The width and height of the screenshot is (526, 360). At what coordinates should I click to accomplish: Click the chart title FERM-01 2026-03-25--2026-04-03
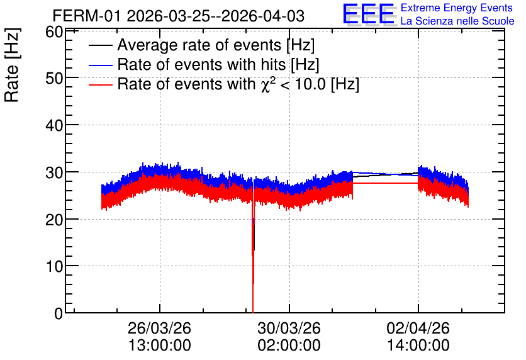click(179, 16)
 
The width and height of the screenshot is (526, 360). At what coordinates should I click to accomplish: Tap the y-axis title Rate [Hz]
click(12, 65)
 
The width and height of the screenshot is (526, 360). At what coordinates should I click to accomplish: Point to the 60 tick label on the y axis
click(54, 32)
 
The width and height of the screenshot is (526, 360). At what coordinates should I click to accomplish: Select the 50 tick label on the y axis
click(54, 79)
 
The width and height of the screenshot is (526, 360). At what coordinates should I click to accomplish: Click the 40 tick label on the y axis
click(54, 126)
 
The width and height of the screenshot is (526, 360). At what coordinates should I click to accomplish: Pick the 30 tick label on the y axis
click(54, 173)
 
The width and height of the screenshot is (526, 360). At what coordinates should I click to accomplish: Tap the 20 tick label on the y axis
click(54, 220)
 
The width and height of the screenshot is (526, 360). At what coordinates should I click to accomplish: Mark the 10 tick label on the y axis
click(54, 267)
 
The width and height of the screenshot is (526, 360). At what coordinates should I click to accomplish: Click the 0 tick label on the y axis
click(59, 313)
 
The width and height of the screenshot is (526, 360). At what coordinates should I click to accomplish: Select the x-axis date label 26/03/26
click(159, 328)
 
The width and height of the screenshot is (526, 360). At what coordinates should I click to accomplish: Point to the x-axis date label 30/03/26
click(289, 328)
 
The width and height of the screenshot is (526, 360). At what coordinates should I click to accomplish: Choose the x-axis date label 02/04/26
click(418, 328)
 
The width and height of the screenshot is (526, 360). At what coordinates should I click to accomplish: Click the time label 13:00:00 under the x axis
click(160, 345)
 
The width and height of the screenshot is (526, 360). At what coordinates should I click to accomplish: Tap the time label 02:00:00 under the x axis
click(289, 345)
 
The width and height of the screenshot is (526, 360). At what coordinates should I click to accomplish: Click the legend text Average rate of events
click(199, 45)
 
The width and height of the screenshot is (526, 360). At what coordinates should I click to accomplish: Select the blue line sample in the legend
click(100, 65)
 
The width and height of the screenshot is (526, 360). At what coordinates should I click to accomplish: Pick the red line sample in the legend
click(100, 84)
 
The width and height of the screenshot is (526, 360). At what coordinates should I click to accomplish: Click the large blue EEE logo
click(369, 14)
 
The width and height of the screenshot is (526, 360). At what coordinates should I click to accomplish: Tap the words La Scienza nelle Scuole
click(457, 21)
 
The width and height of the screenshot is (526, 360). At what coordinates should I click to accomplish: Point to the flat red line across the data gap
click(385, 183)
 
